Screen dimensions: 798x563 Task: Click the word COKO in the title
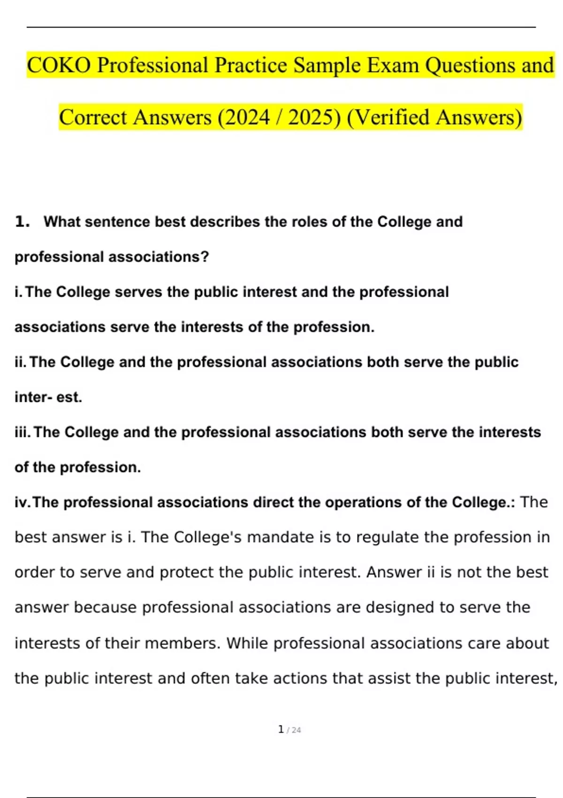(59, 65)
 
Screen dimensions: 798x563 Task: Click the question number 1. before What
(22, 222)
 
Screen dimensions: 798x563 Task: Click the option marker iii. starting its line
(23, 432)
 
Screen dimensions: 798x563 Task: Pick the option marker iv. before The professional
(23, 502)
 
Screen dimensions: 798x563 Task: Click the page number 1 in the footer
(281, 729)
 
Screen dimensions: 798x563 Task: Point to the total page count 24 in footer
(296, 730)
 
